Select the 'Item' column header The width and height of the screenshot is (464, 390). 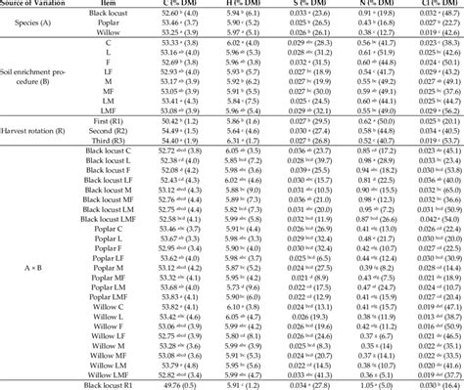click(120, 5)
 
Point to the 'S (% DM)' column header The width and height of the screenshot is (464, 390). click(334, 5)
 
